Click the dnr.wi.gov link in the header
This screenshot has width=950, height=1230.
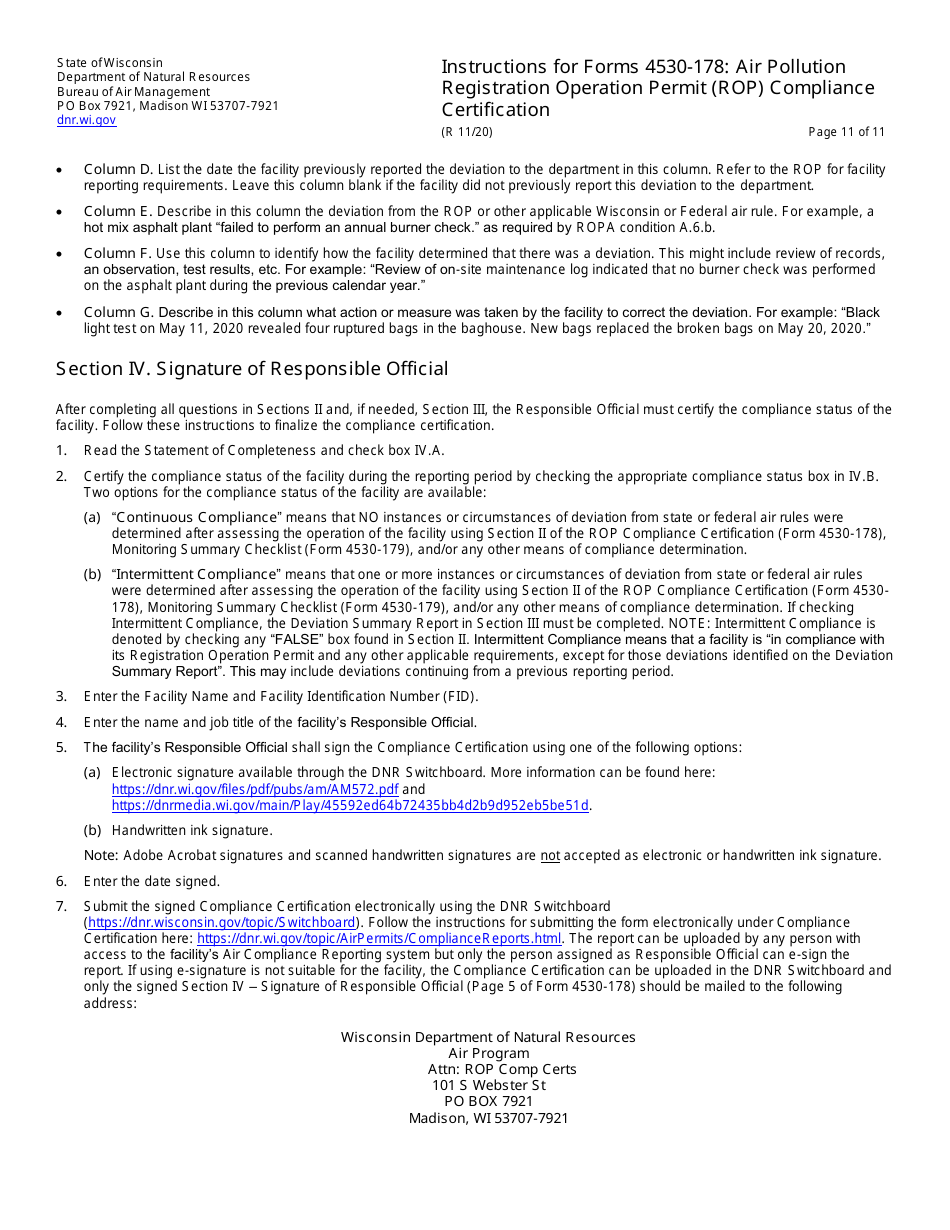point(86,120)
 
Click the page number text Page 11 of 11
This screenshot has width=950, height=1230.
point(846,132)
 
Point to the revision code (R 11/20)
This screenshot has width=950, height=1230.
point(467,132)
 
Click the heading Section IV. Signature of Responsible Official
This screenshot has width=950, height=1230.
point(252,369)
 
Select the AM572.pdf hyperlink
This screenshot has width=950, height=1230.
point(254,789)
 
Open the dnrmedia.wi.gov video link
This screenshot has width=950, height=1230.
point(350,805)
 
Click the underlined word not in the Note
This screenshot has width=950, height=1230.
point(550,855)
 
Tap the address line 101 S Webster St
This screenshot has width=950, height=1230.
point(488,1085)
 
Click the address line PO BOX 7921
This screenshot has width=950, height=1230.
point(488,1101)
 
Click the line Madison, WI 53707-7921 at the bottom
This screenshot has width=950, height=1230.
point(488,1118)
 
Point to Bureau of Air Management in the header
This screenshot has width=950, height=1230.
point(133,92)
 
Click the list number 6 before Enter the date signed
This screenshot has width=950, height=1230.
point(61,881)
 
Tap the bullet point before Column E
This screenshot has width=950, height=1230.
point(62,212)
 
